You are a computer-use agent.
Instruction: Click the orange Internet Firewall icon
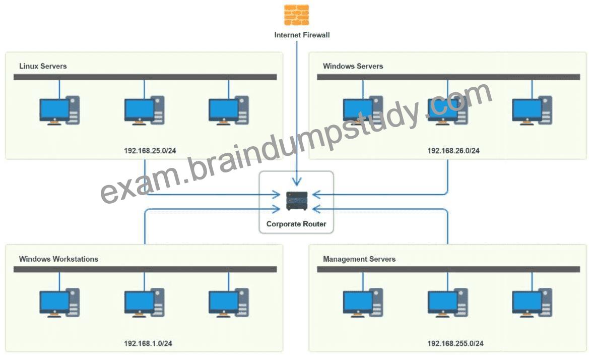[x=296, y=15]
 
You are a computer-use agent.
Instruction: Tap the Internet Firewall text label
[x=302, y=35]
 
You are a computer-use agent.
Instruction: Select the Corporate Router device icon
[x=297, y=201]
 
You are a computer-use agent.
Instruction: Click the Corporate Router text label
[x=296, y=224]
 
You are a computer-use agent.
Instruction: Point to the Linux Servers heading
[x=43, y=66]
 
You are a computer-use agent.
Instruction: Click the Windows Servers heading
[x=353, y=66]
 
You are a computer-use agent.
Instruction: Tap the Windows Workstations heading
[x=58, y=259]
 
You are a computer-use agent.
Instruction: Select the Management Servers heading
[x=359, y=259]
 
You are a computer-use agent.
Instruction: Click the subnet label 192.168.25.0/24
[x=150, y=151]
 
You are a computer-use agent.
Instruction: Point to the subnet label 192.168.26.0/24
[x=453, y=151]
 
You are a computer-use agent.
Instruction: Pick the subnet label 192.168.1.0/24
[x=148, y=343]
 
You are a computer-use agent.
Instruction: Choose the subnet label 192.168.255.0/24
[x=455, y=343]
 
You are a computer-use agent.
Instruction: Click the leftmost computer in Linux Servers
[x=59, y=110]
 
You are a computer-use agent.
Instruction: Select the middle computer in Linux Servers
[x=145, y=110]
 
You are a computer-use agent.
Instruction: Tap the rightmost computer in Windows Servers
[x=532, y=110]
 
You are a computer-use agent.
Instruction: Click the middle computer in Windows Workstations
[x=145, y=303]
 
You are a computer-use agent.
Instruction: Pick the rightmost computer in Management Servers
[x=532, y=303]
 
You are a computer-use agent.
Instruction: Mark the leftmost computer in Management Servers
[x=363, y=303]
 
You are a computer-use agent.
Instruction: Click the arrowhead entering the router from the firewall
[x=297, y=182]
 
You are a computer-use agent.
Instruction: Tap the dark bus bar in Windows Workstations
[x=145, y=269]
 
